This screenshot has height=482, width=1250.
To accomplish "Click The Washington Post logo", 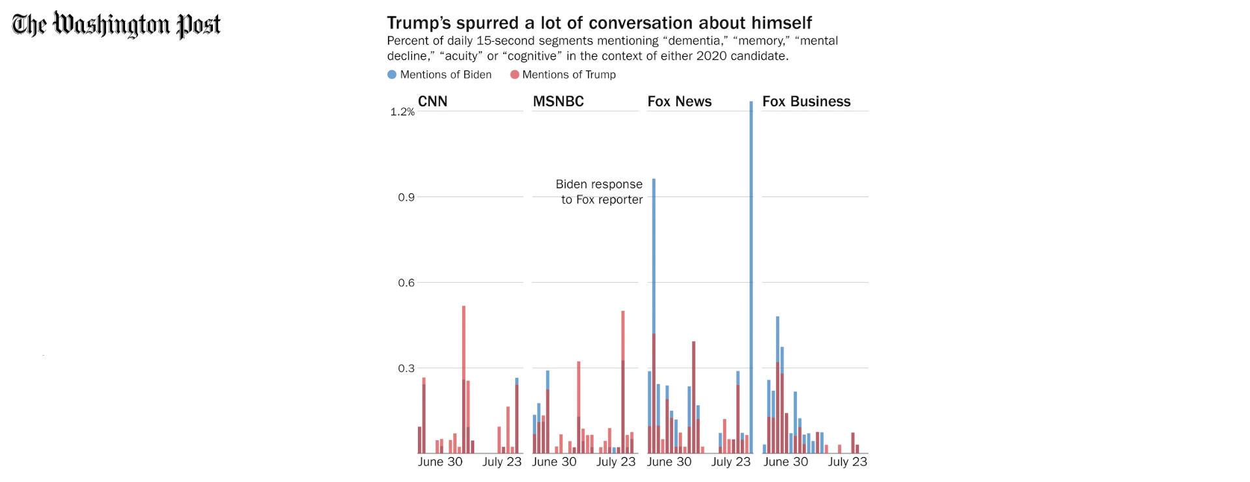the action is tap(116, 25).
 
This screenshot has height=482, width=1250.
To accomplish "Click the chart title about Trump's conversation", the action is tap(599, 23).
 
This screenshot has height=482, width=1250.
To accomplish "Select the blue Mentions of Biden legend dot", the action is tap(392, 74).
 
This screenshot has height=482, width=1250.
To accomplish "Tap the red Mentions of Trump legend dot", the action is tap(514, 74).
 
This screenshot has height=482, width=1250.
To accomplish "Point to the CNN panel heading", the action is tap(432, 102).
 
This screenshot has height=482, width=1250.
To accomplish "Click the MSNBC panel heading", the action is tap(559, 102).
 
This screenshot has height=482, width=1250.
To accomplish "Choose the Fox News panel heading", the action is tap(680, 102).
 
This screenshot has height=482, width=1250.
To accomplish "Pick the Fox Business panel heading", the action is tap(807, 102).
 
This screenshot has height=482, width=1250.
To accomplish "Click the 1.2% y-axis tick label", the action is tap(402, 112).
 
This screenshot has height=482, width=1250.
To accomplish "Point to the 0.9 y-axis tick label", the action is tap(406, 197).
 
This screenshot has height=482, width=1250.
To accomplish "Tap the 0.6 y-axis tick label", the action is tap(406, 283).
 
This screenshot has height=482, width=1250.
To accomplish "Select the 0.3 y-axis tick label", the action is tap(406, 369).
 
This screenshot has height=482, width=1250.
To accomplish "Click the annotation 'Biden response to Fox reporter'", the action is tap(599, 192).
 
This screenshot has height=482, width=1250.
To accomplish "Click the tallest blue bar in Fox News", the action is tap(751, 277).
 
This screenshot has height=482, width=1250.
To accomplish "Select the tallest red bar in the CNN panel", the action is tap(464, 380).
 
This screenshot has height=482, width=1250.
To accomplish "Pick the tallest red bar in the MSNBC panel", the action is tap(623, 382).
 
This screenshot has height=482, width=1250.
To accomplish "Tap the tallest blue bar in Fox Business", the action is tap(777, 385).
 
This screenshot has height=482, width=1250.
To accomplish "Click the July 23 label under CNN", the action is tap(502, 462).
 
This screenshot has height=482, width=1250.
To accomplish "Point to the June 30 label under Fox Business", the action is tap(786, 462).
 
